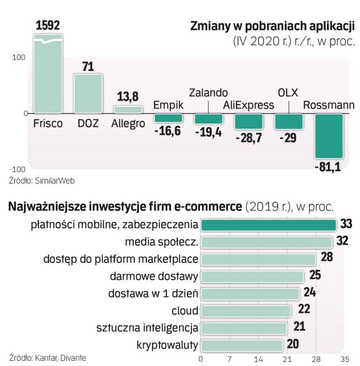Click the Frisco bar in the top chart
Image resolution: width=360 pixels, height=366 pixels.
click(x=48, y=74)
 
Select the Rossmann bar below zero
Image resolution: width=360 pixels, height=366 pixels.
click(x=329, y=136)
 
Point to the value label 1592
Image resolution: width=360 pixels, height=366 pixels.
click(x=48, y=26)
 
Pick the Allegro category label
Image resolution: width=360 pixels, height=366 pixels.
click(x=128, y=124)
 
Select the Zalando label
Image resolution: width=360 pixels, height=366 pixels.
click(x=208, y=93)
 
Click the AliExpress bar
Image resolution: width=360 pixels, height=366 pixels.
click(x=249, y=121)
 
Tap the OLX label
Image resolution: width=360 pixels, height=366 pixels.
click(x=288, y=93)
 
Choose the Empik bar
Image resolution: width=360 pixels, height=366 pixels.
click(x=168, y=118)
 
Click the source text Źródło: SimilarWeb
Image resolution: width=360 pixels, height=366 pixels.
click(x=42, y=180)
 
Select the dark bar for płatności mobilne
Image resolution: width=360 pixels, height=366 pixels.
click(x=269, y=225)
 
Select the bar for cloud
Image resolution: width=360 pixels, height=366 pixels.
click(x=247, y=311)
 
